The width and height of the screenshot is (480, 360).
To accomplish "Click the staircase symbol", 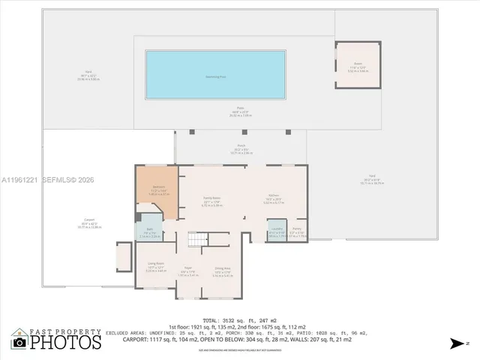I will pos(197,239).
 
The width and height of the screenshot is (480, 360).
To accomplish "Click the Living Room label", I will pos(156,264).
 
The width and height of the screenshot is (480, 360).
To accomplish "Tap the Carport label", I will pos(89,220).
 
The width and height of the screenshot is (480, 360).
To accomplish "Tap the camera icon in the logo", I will pos(19,343).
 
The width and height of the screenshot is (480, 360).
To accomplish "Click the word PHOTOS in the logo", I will pos(66,343).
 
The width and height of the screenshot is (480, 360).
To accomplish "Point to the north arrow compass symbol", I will pos(457,343).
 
